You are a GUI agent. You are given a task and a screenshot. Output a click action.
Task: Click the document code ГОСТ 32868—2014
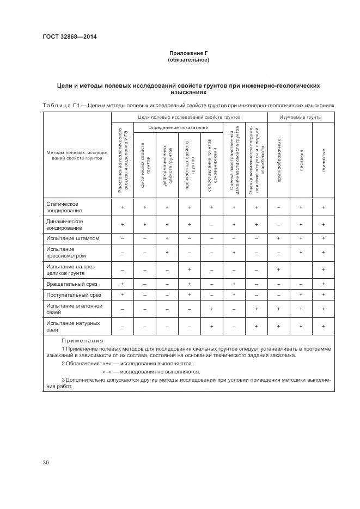pos(66,37)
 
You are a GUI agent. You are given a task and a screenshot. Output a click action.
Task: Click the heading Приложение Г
pos(188,53)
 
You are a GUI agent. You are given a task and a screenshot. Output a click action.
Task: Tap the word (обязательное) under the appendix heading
pos(188,60)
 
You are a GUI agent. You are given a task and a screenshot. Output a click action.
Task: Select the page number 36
pos(46,463)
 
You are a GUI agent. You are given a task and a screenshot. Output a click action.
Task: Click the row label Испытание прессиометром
pos(66,252)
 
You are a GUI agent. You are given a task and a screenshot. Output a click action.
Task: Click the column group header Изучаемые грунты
pos(301,117)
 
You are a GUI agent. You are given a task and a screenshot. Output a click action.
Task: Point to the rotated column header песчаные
pos(301,161)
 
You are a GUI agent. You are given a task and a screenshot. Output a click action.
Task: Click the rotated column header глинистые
pos(324,161)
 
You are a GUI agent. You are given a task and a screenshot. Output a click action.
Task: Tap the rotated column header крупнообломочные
pos(278,161)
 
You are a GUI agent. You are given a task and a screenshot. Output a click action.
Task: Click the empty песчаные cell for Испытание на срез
pos(301,270)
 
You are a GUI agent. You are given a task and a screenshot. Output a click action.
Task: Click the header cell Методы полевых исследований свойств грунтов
pos(77,155)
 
